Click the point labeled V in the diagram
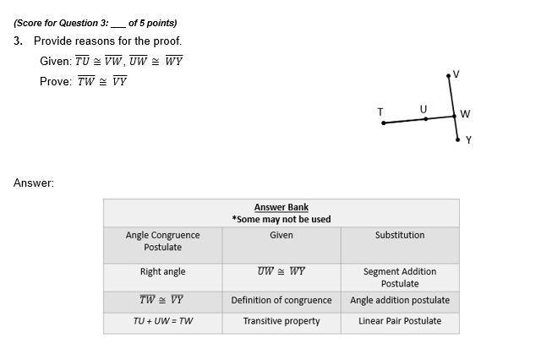[449, 77]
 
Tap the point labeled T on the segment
[384, 123]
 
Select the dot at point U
[426, 119]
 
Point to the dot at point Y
[458, 139]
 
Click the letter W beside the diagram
[465, 114]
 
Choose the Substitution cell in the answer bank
[400, 235]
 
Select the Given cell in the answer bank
[281, 235]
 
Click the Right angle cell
[163, 272]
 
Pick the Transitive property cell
[281, 321]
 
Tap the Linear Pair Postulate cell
[400, 321]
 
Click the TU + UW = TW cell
[163, 321]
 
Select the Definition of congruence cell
[281, 300]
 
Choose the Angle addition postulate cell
[400, 300]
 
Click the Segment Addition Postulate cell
[400, 277]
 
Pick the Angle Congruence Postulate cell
[163, 241]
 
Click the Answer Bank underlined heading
[281, 207]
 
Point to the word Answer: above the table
[34, 183]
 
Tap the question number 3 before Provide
[18, 41]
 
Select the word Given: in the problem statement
[56, 61]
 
